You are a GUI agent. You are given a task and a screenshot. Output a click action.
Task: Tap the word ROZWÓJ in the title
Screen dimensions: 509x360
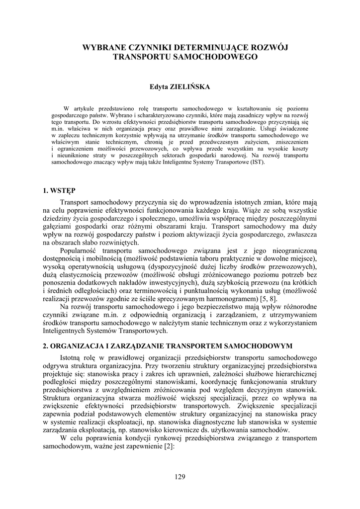271,47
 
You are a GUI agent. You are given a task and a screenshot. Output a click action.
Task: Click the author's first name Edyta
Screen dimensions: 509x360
160,87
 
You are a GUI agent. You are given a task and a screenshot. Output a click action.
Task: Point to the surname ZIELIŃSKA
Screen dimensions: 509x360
190,87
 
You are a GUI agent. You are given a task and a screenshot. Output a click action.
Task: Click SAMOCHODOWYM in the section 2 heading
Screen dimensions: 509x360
261,345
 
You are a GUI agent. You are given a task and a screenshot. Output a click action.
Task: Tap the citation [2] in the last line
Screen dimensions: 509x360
169,447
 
